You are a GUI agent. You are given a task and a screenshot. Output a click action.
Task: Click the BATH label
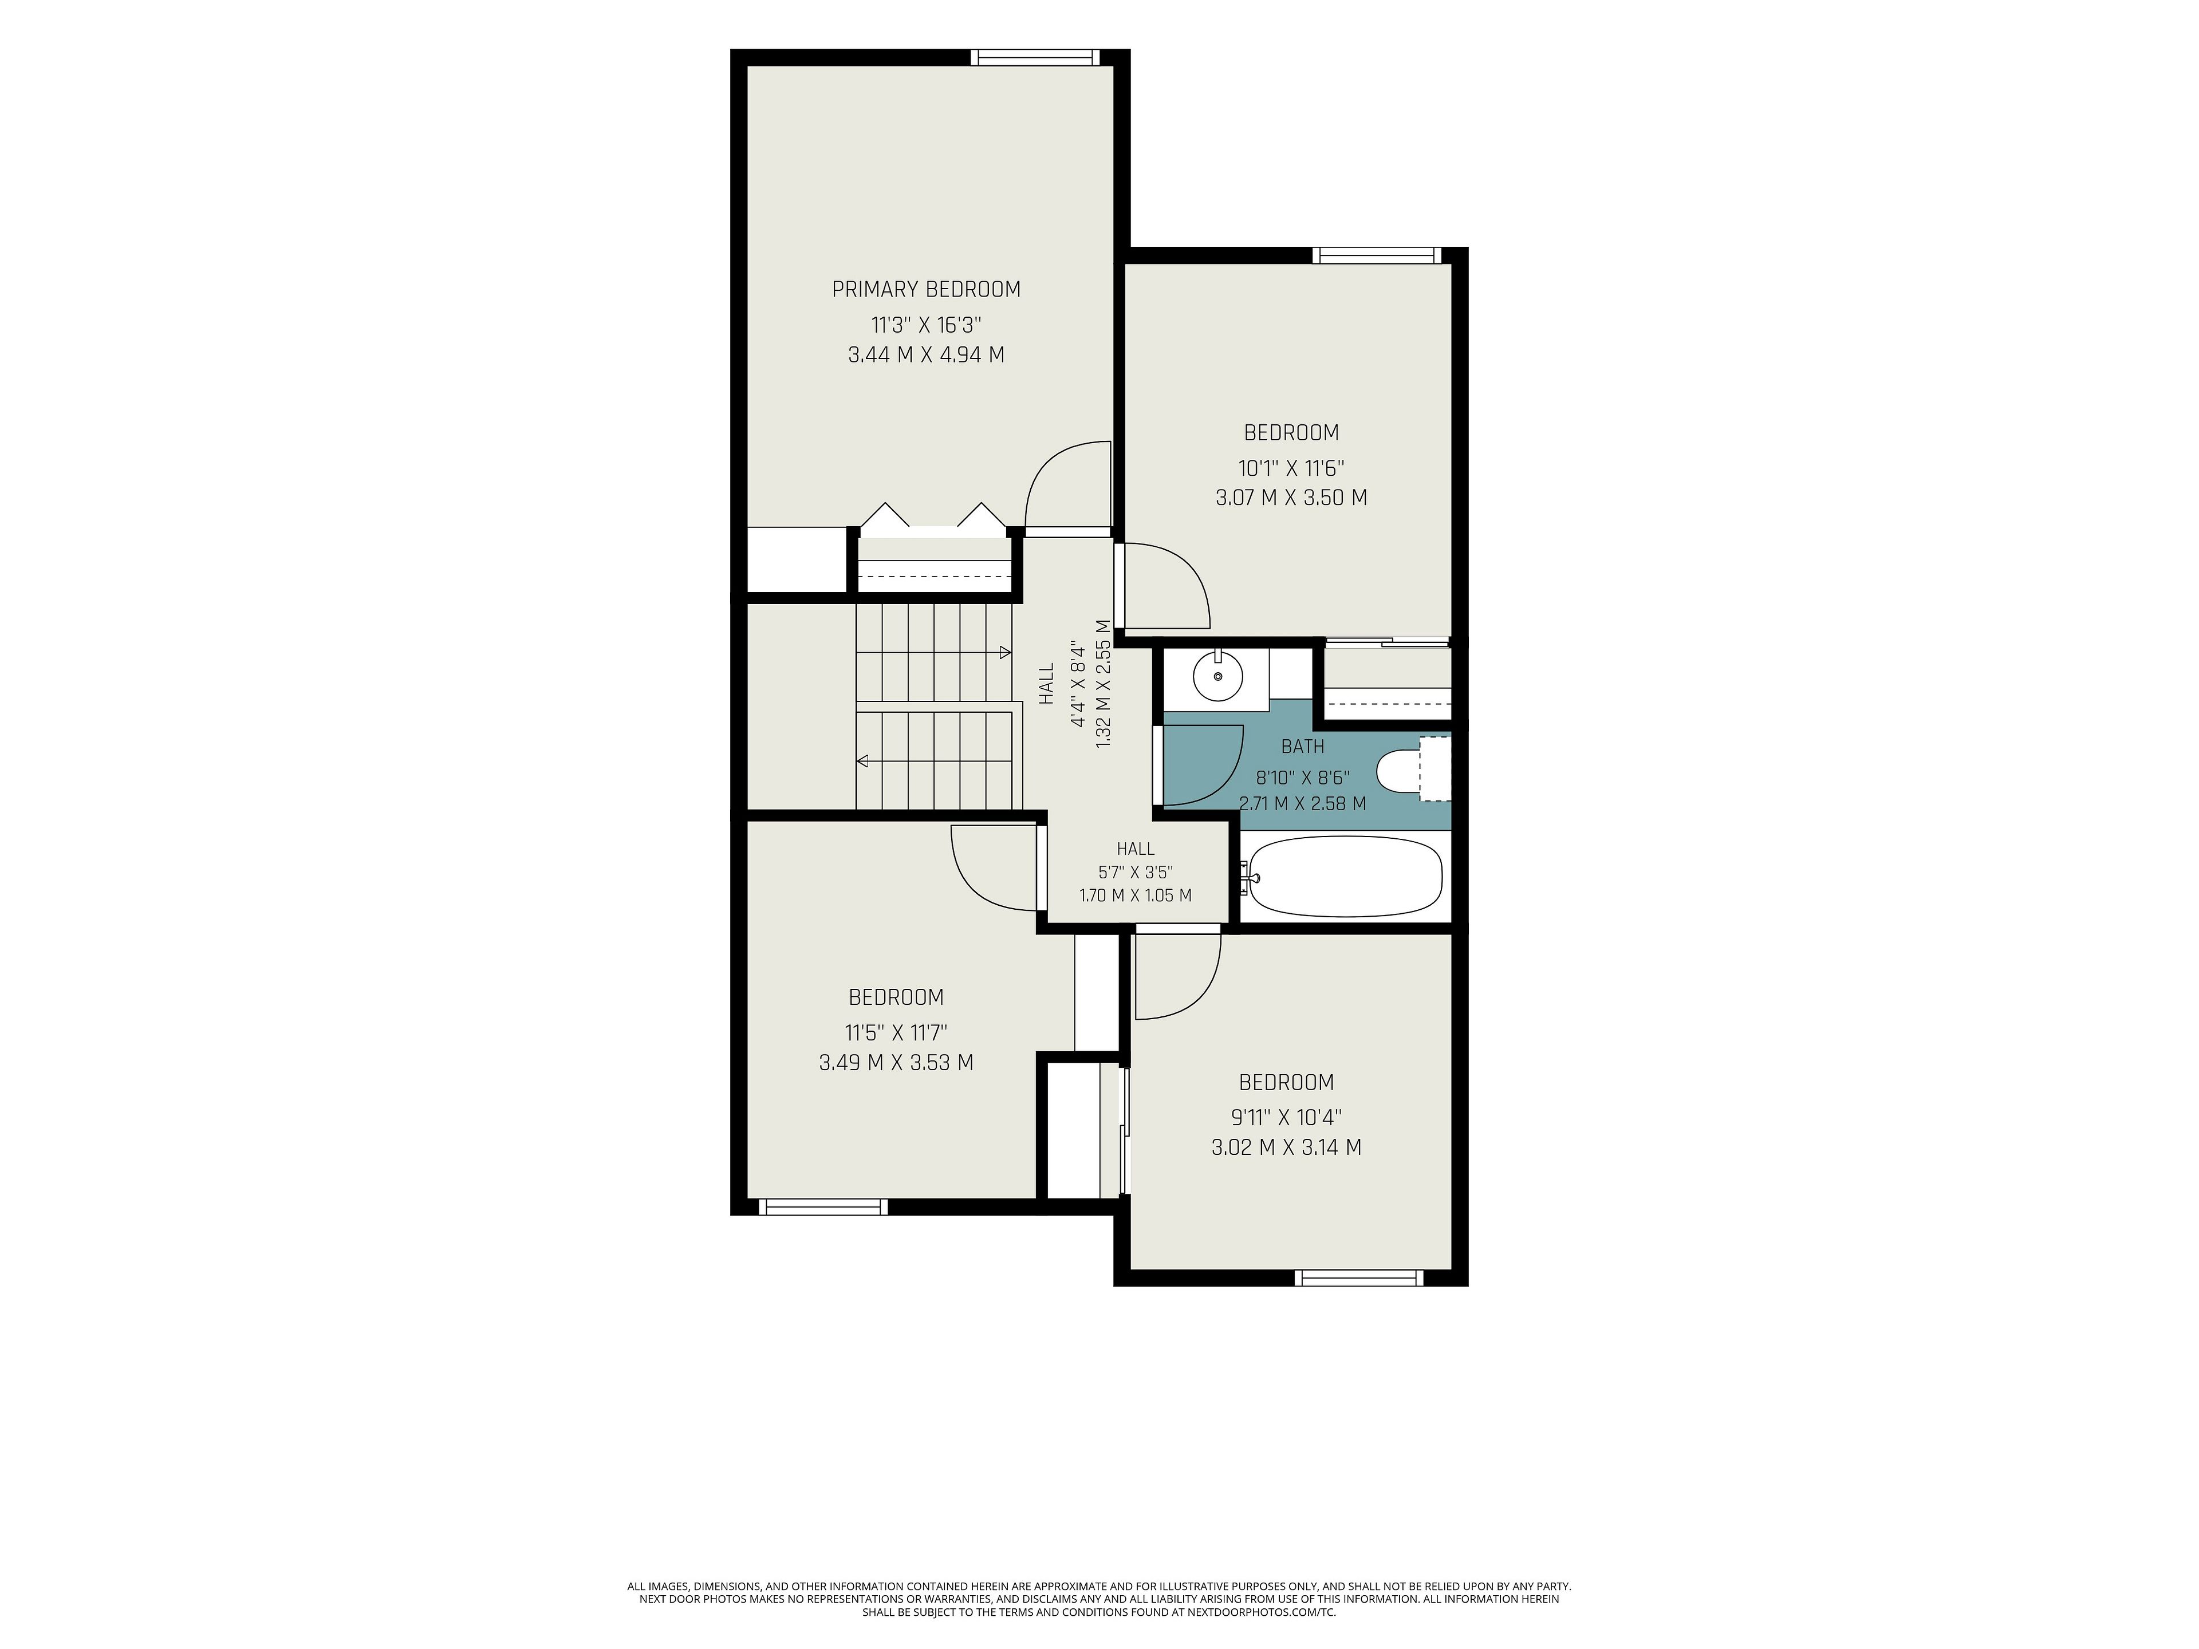click(1302, 747)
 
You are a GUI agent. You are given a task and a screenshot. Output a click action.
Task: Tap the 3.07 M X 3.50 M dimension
click(1291, 497)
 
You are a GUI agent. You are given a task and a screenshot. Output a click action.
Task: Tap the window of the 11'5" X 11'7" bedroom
click(823, 1206)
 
